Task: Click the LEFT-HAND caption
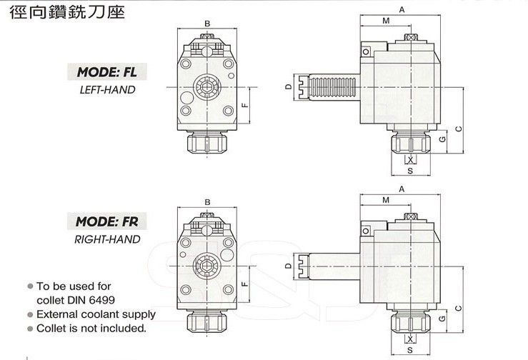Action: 106,91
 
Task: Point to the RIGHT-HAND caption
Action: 106,239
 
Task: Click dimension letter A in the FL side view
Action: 402,9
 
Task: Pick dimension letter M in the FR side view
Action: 386,201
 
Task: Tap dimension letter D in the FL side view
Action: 287,87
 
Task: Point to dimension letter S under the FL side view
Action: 410,171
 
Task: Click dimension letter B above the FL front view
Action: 206,24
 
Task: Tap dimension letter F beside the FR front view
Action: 244,284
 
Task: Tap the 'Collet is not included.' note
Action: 91,329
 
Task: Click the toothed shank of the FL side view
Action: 329,87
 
